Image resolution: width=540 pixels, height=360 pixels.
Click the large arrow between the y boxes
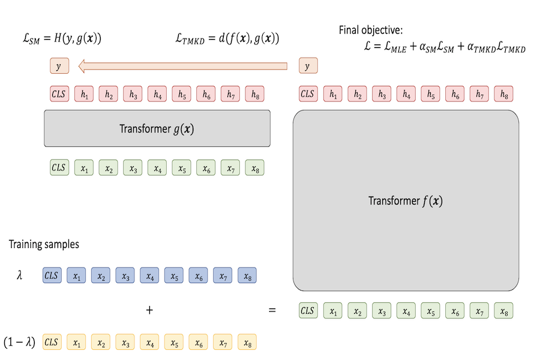(183, 66)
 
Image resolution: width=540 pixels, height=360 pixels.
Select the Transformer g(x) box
(157, 128)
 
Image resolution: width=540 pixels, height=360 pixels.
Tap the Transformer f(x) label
(406, 201)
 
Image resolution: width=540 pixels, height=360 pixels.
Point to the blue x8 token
(247, 276)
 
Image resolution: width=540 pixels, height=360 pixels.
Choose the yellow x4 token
(149, 342)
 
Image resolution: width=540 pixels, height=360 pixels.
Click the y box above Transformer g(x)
(59, 66)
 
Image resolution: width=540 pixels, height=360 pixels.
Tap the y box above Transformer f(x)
(308, 66)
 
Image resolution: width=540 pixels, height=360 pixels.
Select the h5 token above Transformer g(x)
(181, 94)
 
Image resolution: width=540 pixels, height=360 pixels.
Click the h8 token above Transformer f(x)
(503, 94)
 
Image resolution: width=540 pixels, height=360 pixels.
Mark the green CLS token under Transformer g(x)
(59, 167)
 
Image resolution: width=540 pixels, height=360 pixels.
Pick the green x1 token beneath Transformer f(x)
(332, 311)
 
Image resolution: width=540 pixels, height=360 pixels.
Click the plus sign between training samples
(149, 310)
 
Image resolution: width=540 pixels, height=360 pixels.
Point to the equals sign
(272, 310)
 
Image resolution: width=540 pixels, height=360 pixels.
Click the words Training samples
(44, 245)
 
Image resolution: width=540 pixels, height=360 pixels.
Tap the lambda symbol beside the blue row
(20, 277)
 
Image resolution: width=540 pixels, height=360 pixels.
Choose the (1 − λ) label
(20, 342)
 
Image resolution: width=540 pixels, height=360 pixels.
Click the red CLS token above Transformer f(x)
(308, 94)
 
